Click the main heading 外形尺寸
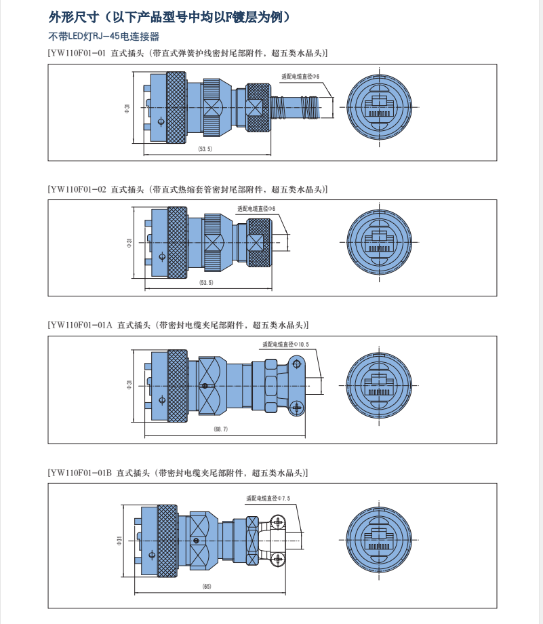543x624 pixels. (169, 16)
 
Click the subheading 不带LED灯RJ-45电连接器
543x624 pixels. (104, 37)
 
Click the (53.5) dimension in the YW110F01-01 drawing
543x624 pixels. (205, 149)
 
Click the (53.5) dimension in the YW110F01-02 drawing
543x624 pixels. (206, 283)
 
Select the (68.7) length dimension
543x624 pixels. (220, 429)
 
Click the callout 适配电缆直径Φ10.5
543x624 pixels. (285, 345)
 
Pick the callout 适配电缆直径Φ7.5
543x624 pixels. (268, 499)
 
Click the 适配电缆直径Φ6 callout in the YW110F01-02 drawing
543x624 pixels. (256, 209)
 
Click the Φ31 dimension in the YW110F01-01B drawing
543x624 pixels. (119, 540)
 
